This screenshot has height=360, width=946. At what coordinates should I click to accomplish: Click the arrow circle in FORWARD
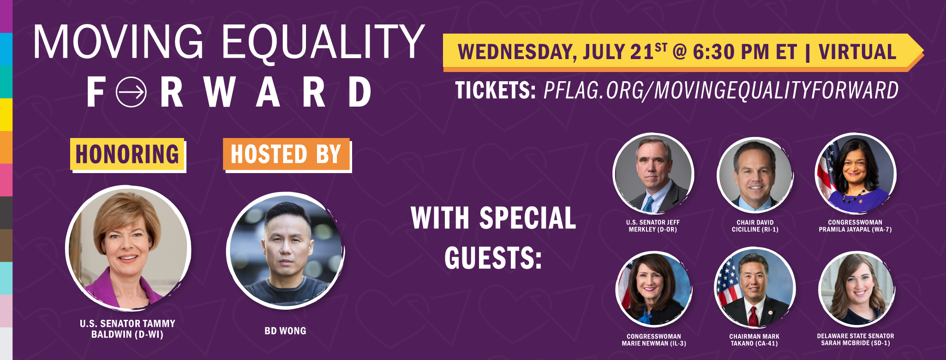coord(131,92)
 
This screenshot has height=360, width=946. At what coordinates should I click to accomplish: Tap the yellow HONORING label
coord(127,154)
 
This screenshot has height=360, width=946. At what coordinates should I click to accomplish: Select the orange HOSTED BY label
coord(286,154)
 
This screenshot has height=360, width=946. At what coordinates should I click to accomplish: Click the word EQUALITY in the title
coord(323,42)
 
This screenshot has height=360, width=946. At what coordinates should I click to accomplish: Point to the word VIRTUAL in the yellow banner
coord(857,52)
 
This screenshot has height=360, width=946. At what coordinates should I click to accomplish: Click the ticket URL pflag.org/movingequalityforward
coord(721,90)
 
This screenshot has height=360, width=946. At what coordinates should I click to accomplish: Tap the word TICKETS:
coord(495,90)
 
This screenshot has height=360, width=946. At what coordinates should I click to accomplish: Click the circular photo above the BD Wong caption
coord(286,251)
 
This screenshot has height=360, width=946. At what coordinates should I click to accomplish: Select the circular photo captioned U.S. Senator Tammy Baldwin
coord(128,247)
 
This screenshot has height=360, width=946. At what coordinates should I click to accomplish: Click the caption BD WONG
coord(285,331)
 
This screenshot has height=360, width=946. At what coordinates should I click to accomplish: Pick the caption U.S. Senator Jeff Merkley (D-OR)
coord(653,226)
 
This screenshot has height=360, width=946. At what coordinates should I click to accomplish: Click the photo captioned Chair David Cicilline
coord(755,175)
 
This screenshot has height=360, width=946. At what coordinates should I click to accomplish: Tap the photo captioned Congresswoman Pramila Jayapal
coord(856,173)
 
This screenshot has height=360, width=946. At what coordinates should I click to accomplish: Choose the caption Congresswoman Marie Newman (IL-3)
coord(653,340)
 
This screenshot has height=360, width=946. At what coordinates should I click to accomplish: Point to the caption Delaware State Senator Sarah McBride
coord(855,339)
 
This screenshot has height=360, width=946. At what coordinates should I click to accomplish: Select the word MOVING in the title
coord(118,42)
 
